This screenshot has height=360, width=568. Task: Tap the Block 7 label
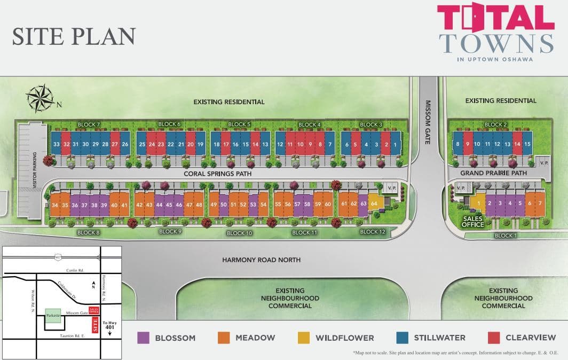point(89,124)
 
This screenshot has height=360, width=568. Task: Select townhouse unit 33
point(56,144)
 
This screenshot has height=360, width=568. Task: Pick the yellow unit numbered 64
point(374,204)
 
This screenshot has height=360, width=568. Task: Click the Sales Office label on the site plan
point(473,221)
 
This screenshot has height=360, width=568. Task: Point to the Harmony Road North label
point(262,260)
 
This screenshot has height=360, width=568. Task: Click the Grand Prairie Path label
point(494,173)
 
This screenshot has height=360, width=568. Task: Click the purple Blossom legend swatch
point(143,338)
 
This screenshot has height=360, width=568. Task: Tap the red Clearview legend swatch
point(494,338)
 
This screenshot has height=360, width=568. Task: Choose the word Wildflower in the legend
point(344,338)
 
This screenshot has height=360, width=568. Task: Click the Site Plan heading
point(74,36)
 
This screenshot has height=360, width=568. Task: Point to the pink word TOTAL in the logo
point(495,18)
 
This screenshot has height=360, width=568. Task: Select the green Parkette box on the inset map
point(53,316)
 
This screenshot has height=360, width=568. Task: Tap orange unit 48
point(199,205)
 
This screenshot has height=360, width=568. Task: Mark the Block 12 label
point(372,232)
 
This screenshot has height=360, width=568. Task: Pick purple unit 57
point(298,204)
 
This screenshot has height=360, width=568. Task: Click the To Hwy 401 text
point(109,326)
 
